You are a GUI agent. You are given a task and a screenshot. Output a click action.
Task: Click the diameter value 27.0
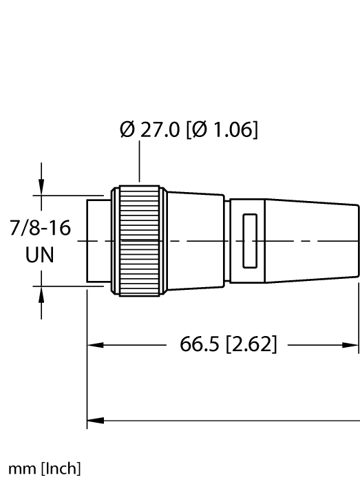tap(160, 130)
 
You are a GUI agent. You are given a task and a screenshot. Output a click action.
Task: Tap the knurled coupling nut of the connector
tap(140, 240)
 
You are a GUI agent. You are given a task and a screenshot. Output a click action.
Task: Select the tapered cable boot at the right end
tap(313, 240)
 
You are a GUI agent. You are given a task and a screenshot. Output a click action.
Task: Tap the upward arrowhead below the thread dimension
tap(42, 295)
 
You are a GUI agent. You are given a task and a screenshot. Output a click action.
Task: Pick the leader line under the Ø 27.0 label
tap(139, 165)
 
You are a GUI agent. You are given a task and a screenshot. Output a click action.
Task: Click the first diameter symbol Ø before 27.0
tap(127, 130)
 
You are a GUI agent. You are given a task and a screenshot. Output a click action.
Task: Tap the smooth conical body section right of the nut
tap(194, 240)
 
